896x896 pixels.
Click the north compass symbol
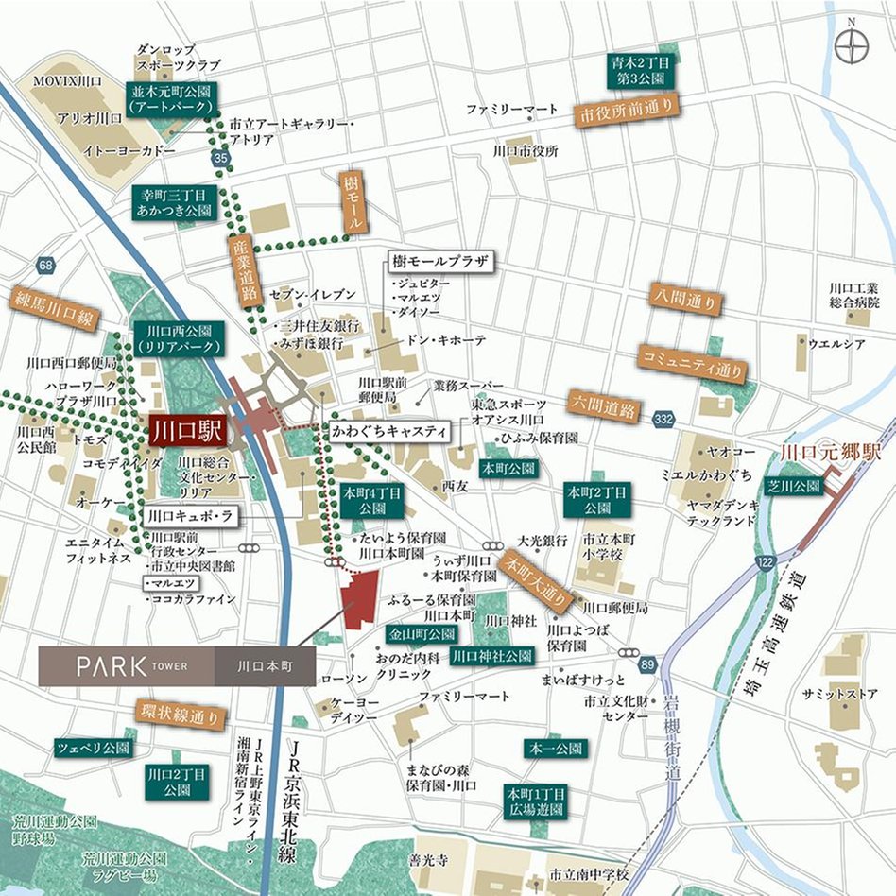coord(853,44)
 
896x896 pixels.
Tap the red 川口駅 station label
coord(186,432)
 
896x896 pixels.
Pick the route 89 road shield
coord(646,666)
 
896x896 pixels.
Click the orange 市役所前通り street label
coord(627,112)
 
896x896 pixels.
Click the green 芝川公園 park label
coord(794,487)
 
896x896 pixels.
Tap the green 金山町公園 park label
coord(420,633)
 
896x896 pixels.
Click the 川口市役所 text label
coord(526,150)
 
